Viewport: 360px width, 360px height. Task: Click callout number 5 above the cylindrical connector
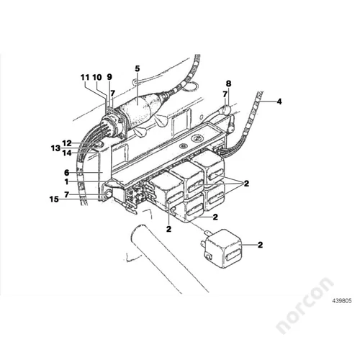(137, 68)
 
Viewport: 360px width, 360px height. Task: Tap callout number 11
(85, 78)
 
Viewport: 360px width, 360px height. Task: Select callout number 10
(97, 78)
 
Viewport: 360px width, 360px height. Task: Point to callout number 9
(109, 77)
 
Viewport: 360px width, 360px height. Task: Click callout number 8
(228, 84)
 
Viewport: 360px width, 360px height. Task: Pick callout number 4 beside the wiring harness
(279, 102)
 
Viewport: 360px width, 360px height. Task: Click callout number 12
(67, 143)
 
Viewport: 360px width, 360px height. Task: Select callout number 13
(55, 148)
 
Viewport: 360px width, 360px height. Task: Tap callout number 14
(67, 153)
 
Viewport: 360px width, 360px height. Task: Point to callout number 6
(67, 173)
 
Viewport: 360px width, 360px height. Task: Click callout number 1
(66, 182)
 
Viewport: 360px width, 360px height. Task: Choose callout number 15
(54, 199)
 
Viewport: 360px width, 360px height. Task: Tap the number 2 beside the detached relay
(260, 245)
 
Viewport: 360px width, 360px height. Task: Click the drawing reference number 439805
(342, 301)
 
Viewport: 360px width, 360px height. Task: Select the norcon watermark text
(305, 305)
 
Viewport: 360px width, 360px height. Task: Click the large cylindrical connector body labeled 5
(139, 109)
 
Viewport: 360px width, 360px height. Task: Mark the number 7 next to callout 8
(225, 94)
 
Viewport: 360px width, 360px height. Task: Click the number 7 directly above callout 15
(67, 194)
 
